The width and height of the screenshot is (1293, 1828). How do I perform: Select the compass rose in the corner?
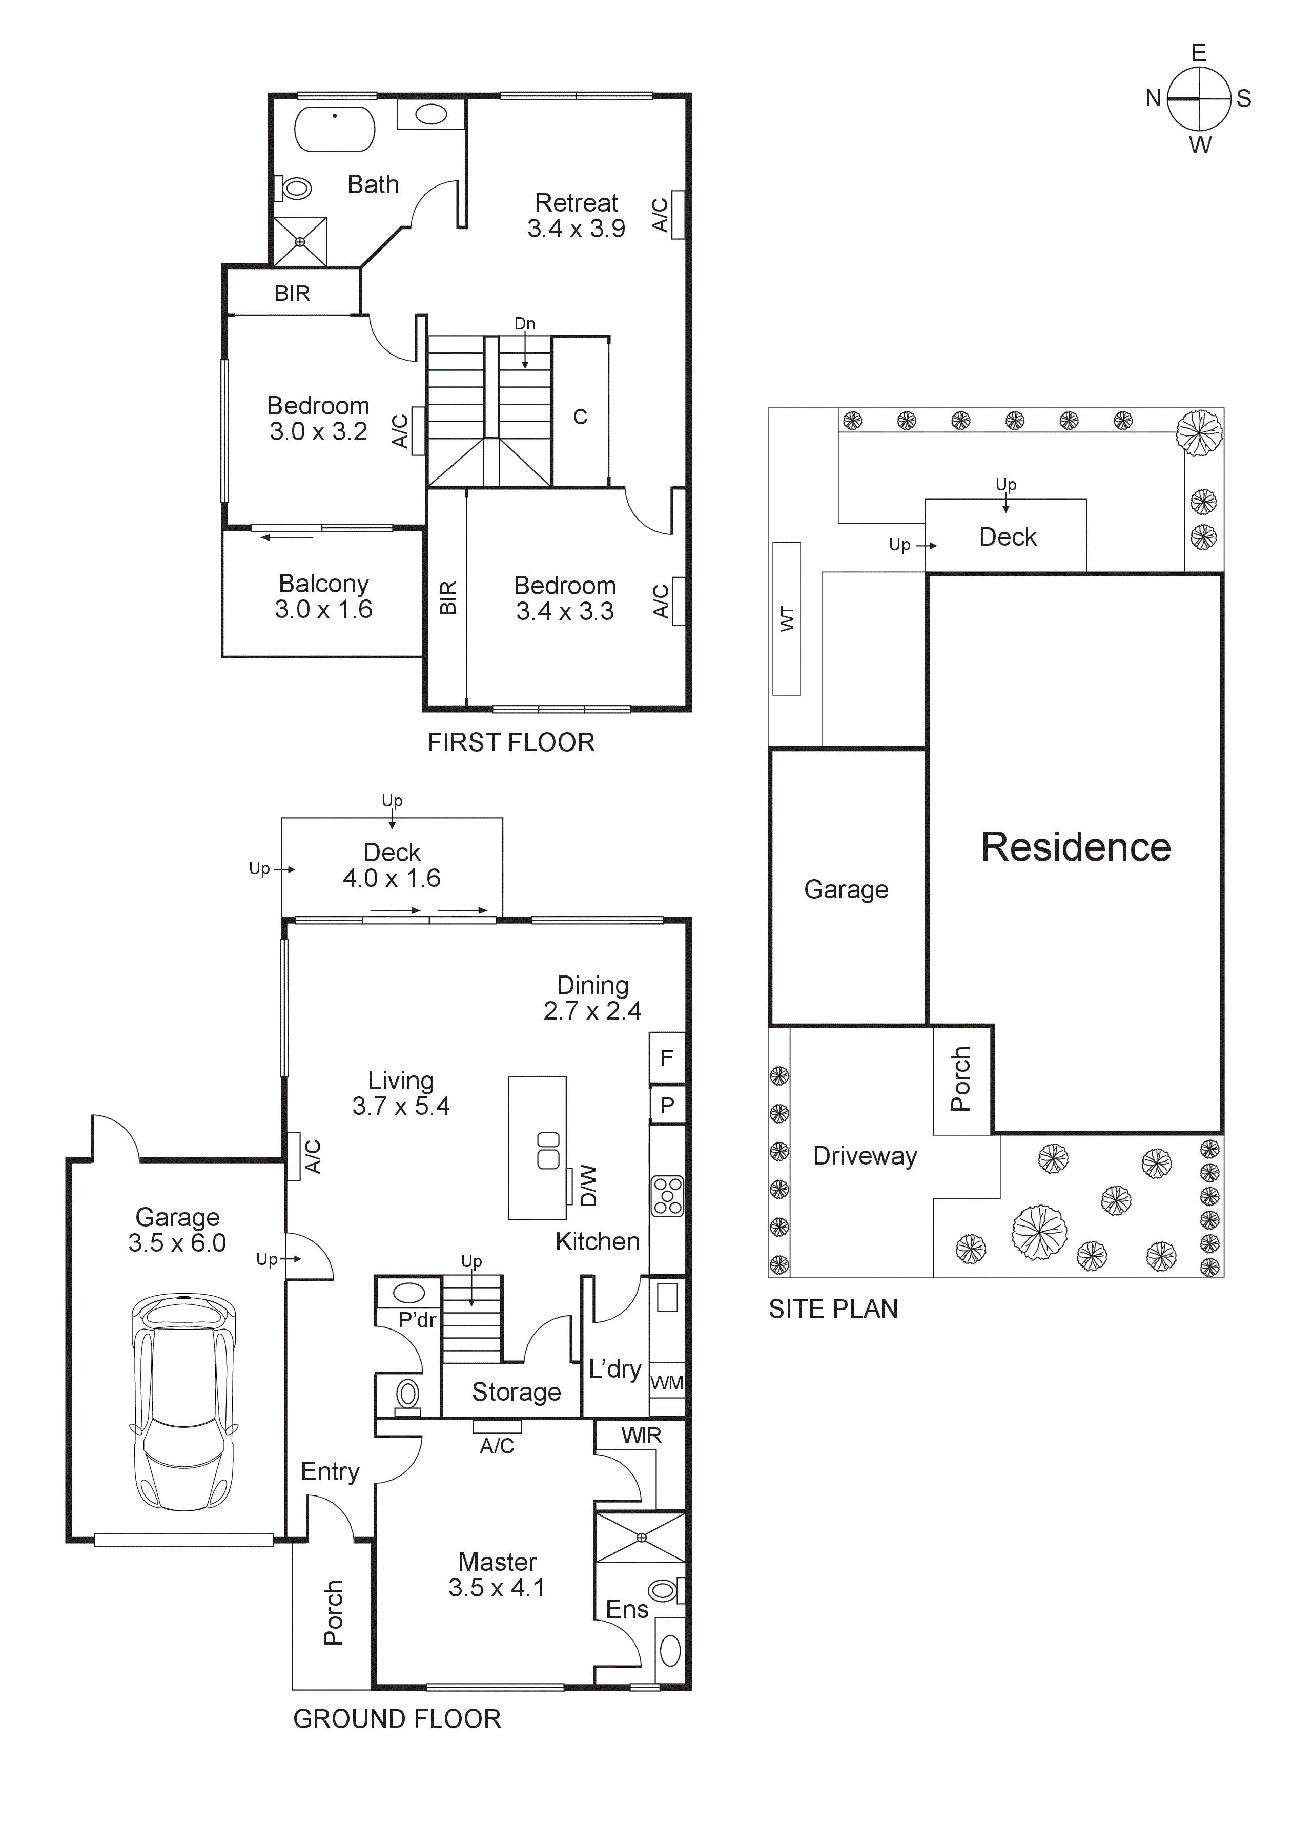coord(1199,99)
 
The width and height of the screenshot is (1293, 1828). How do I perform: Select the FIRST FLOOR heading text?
coord(510,743)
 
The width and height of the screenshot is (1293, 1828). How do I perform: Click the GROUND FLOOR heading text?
coord(397,1719)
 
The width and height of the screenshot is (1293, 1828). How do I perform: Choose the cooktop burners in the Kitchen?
coord(667,1197)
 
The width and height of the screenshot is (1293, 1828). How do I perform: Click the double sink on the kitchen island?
coord(548,1151)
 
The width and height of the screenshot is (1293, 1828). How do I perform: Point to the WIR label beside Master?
coord(641,1436)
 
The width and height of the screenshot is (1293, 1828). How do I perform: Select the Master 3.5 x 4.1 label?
coord(497,1575)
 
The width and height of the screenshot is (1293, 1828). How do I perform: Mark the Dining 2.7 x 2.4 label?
coord(592,998)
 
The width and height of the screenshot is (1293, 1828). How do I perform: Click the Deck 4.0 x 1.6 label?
coord(391,865)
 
